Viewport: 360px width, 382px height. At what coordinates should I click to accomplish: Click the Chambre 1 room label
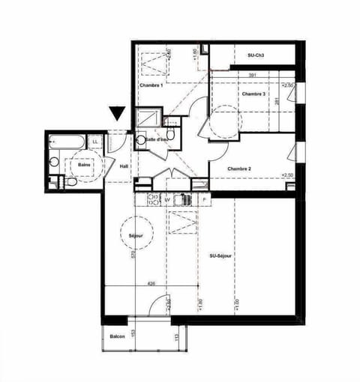[x=151, y=85]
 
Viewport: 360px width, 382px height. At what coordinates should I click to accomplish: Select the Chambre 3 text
[x=253, y=94]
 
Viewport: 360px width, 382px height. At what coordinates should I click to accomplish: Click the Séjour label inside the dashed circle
[x=136, y=236]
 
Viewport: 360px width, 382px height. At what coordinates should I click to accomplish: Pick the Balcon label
[x=117, y=336]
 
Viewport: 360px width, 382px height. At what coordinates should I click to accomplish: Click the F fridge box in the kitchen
[x=203, y=200]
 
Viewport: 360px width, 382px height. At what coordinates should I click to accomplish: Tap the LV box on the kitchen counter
[x=167, y=200]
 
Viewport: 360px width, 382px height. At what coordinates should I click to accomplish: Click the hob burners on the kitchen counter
[x=152, y=200]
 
